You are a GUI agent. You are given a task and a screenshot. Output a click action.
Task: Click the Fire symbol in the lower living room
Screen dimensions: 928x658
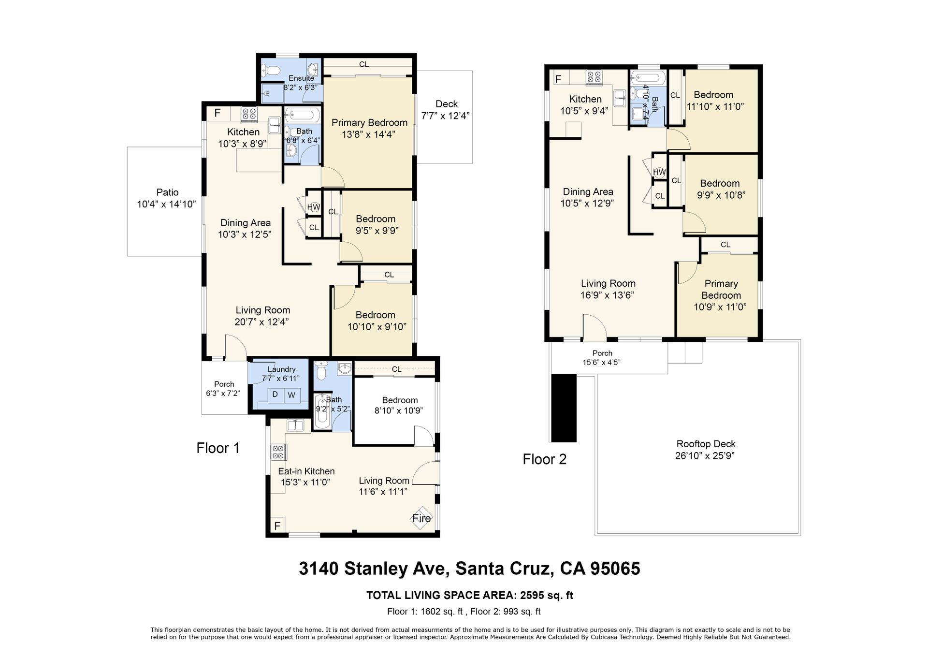click(421, 518)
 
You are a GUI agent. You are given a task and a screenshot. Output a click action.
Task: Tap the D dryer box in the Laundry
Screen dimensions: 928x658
click(275, 395)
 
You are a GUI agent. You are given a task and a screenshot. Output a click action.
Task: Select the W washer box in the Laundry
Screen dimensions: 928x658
click(292, 395)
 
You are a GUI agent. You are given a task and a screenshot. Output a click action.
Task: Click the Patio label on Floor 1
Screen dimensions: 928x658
click(167, 192)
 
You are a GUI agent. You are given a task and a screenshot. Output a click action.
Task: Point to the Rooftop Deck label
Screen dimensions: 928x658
click(706, 444)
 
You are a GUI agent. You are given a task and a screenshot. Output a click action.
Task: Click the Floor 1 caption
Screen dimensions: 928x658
click(218, 448)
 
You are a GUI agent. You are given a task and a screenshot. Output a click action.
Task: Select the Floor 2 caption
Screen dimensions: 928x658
click(544, 459)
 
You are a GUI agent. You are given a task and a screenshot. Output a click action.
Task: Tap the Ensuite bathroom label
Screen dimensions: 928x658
click(301, 78)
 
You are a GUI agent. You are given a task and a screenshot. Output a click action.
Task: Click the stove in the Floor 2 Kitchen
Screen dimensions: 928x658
click(594, 77)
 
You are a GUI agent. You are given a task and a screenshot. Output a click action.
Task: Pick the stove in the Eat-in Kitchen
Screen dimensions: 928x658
click(278, 452)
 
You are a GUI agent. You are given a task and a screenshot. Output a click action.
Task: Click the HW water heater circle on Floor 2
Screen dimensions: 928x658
click(659, 172)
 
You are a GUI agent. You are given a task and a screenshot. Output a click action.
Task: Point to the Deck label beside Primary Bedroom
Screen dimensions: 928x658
click(446, 104)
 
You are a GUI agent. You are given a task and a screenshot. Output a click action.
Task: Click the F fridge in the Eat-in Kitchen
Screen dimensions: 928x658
click(277, 526)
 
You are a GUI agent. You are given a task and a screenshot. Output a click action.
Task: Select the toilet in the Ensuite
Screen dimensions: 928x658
click(270, 71)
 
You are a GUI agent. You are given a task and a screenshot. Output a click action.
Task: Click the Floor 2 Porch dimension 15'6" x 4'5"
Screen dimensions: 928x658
click(602, 362)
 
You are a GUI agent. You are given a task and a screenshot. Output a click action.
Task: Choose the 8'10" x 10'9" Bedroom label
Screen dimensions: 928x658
click(399, 410)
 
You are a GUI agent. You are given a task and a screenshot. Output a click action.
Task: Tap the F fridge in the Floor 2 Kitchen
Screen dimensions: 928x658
click(558, 79)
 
